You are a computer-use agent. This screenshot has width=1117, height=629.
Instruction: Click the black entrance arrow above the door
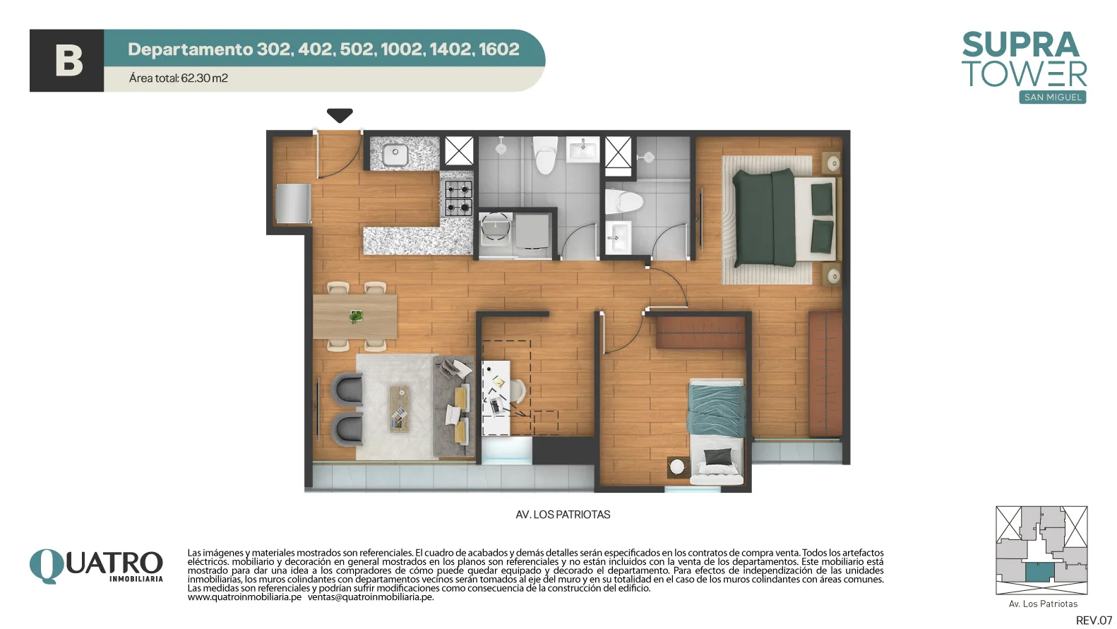point(340,115)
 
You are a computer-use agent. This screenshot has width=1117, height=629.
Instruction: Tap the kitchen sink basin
point(395,155)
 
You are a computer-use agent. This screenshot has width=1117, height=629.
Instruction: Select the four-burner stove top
point(458,198)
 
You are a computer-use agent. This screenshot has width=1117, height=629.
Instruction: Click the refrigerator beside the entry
point(293,203)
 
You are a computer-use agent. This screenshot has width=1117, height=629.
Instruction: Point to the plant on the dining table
point(356,316)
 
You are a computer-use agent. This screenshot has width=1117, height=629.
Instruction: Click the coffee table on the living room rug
point(400,409)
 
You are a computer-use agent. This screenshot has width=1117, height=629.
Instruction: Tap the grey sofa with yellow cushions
point(454,406)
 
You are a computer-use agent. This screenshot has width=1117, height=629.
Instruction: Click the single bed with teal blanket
point(717,431)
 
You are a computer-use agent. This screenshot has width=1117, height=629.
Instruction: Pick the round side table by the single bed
point(676,467)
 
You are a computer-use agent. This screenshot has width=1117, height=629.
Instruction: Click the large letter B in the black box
point(68,61)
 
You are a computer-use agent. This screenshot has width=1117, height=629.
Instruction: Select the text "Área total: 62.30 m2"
point(179,78)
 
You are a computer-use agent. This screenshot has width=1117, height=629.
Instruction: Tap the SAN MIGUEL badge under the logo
point(1053,97)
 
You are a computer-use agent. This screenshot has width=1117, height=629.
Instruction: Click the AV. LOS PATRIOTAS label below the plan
point(563,515)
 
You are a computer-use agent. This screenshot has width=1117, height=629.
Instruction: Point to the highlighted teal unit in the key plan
point(1039,573)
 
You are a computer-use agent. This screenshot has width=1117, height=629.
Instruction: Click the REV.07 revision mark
point(1094,621)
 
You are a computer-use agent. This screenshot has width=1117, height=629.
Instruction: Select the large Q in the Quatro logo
point(47,565)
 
